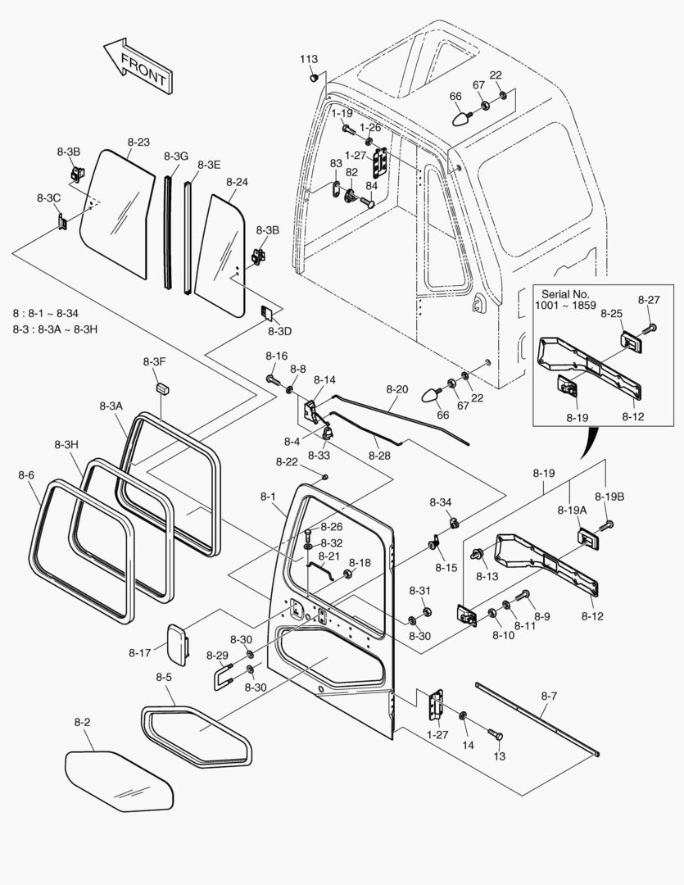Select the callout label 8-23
pyautogui.click(x=138, y=142)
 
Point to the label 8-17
pyautogui.click(x=139, y=652)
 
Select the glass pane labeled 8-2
pyautogui.click(x=119, y=780)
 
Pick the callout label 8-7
pyautogui.click(x=549, y=696)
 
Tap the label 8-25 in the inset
pyautogui.click(x=611, y=313)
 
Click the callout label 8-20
pyautogui.click(x=396, y=388)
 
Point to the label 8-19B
pyautogui.click(x=609, y=496)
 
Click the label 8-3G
pyautogui.click(x=175, y=156)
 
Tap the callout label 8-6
pyautogui.click(x=25, y=474)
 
